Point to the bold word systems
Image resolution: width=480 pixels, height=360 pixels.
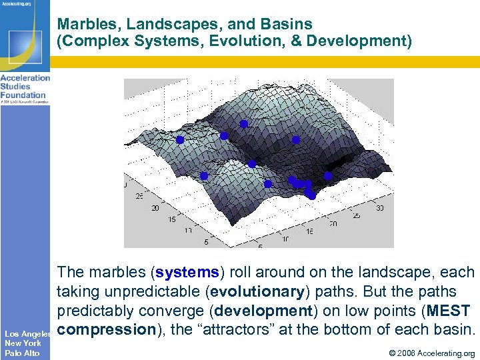[x=186, y=273]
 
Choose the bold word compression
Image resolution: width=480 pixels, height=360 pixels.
[x=106, y=329]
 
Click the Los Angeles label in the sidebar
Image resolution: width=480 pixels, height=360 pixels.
[x=29, y=333]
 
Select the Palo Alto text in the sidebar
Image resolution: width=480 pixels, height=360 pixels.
[x=23, y=353]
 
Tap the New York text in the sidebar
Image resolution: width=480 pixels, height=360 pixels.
[x=23, y=343]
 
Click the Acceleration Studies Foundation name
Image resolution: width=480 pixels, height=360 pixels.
[x=25, y=87]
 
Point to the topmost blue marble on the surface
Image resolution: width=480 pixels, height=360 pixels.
[x=243, y=124]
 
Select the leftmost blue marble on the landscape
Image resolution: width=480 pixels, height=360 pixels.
[x=179, y=140]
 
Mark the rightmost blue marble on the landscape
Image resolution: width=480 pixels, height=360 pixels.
[x=328, y=176]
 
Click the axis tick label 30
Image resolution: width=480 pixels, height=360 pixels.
[x=380, y=209]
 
